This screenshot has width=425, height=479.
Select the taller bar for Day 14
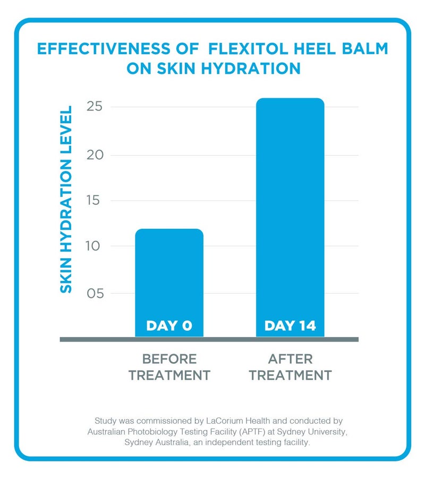290,212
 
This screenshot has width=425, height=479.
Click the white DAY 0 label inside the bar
169,326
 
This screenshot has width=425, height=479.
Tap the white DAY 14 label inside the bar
290,326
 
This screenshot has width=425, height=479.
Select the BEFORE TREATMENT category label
169,367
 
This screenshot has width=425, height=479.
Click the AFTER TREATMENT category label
290,367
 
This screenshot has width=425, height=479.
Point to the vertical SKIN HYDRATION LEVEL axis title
65,199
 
